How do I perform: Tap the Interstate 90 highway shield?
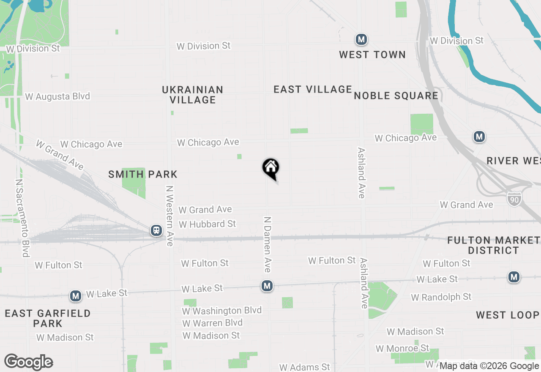point(514,198)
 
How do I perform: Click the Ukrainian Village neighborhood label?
point(193,95)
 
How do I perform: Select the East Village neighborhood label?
point(313,89)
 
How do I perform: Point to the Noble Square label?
point(396,96)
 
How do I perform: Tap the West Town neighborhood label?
point(372,55)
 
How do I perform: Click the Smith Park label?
point(143,174)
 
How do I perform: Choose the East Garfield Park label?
point(48,318)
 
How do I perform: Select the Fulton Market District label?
point(493,245)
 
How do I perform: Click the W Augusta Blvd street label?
point(57,96)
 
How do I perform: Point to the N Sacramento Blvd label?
point(22,218)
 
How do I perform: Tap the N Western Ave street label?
point(170,216)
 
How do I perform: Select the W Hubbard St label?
point(207,224)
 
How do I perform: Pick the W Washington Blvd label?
point(222,311)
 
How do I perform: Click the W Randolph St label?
point(441,297)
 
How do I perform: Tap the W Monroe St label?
point(402,348)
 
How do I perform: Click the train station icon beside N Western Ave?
point(156,230)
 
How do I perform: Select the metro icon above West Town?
point(361,40)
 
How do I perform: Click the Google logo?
point(29,362)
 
